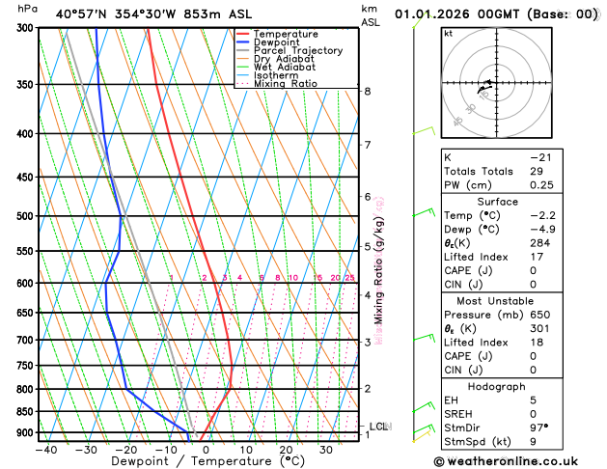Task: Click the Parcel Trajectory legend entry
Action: pos(297,50)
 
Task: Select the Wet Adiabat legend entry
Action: pos(283,68)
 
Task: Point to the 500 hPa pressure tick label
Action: pos(23,216)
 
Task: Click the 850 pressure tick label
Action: pos(23,412)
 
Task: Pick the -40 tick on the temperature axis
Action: pos(45,450)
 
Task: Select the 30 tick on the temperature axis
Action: pos(326,450)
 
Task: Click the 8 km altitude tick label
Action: pos(368,92)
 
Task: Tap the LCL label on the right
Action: pos(379,426)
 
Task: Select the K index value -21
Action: pos(540,156)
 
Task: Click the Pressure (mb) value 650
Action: pos(539,316)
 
